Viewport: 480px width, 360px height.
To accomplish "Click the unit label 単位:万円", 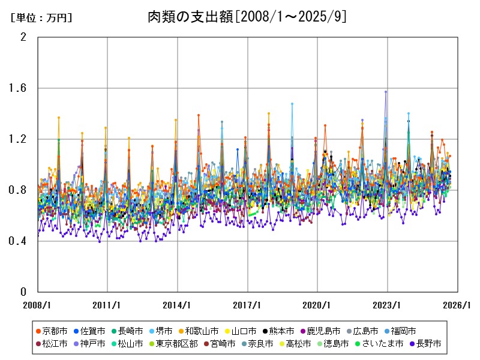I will pyautogui.click(x=41, y=18).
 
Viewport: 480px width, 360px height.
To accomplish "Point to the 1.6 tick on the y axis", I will pyautogui.click(x=20, y=88).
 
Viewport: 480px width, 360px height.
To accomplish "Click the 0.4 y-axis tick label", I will pyautogui.click(x=20, y=241).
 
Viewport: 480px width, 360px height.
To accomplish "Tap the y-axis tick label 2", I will pyautogui.click(x=24, y=37).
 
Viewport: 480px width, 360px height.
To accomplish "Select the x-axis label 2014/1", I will pyautogui.click(x=178, y=305).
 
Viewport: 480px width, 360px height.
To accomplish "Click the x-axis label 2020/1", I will pyautogui.click(x=317, y=305).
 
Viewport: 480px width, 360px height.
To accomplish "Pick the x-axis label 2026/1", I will pyautogui.click(x=458, y=305).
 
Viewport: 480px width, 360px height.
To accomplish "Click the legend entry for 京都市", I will pyautogui.click(x=55, y=331).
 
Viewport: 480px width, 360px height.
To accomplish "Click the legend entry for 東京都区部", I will pyautogui.click(x=176, y=344).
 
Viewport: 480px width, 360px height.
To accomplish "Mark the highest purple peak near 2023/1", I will pyautogui.click(x=386, y=92).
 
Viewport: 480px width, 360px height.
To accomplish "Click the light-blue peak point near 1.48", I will pyautogui.click(x=292, y=104).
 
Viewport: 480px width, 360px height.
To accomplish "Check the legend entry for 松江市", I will pyautogui.click(x=55, y=344).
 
